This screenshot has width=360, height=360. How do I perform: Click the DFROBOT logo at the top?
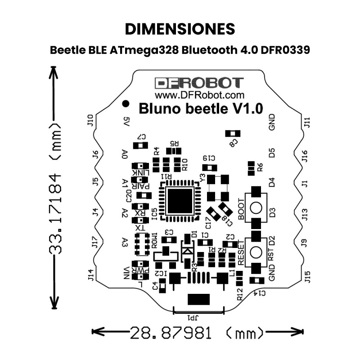coord(199,83)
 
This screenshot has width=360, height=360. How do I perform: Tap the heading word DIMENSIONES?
coord(180,29)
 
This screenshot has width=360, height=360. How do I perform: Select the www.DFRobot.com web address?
coord(199,95)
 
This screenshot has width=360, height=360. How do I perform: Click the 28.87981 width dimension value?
coord(171,333)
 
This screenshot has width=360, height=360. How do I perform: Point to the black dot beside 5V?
coord(126,104)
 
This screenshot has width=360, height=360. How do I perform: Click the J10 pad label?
coord(90,120)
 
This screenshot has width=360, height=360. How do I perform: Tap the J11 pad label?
coord(307,122)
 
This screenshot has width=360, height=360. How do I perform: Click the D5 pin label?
coord(272,152)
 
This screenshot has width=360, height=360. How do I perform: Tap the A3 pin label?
coord(125,243)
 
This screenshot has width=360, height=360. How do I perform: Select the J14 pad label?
coord(90,275)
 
